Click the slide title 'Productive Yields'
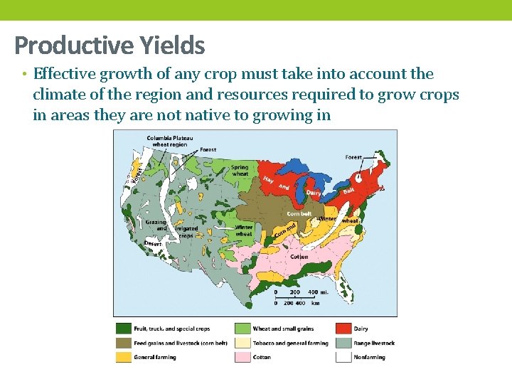coord(110,46)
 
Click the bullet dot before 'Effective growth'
coord(23,75)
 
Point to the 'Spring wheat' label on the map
coord(240,171)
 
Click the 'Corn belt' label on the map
coord(299,213)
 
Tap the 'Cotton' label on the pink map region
coord(299,256)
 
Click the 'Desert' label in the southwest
coord(153,243)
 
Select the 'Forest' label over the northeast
coord(353,157)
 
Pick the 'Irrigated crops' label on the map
coord(186,232)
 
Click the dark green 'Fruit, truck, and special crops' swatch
coord(124,329)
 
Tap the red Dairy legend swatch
coord(343,329)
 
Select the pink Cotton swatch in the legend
coord(242,357)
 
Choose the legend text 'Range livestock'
coord(374,343)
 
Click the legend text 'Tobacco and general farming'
coord(291,343)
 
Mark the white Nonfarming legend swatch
coord(343,357)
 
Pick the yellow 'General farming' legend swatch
coord(124,357)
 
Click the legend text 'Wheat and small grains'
coord(283,329)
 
